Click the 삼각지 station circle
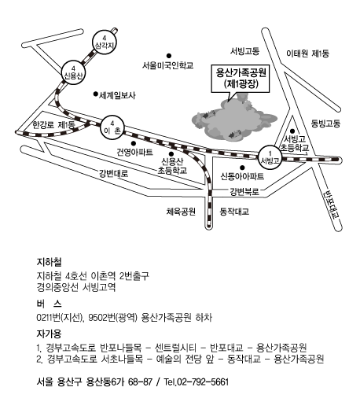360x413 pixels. click(x=105, y=42)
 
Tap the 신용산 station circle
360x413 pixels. click(x=73, y=72)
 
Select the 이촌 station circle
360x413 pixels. click(x=112, y=127)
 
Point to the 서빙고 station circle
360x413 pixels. click(x=270, y=157)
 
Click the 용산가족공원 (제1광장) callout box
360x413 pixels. click(x=241, y=79)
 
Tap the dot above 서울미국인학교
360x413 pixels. click(x=169, y=56)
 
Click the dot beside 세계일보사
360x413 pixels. click(x=96, y=94)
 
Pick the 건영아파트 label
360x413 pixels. click(x=134, y=152)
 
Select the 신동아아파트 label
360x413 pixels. click(x=242, y=176)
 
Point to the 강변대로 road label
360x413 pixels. click(x=114, y=173)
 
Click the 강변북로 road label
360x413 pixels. click(x=244, y=191)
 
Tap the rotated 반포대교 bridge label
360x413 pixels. click(x=332, y=205)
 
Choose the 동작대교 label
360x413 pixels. click(x=234, y=212)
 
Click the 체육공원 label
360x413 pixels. click(x=181, y=212)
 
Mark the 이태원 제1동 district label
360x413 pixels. click(x=307, y=53)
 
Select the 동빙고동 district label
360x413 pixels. click(x=325, y=124)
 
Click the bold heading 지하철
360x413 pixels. click(x=49, y=262)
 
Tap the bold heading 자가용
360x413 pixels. click(x=49, y=334)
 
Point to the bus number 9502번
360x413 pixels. click(x=101, y=318)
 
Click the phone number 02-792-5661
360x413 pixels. click(x=203, y=382)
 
